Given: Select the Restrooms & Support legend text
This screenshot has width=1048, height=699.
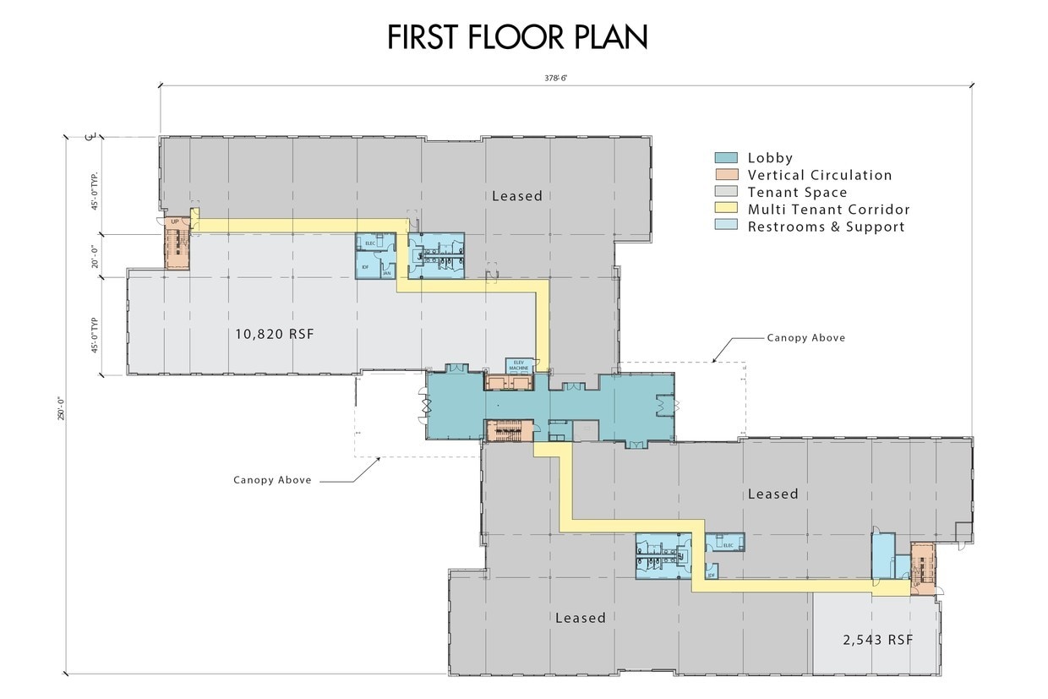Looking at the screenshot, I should click(826, 227).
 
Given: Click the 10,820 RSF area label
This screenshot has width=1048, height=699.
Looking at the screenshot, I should click(275, 334).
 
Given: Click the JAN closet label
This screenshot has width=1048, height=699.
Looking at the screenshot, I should click(386, 273).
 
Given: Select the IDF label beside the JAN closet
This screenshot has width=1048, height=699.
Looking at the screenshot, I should click(366, 267).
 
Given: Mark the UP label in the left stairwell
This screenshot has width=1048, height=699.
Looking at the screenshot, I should click(176, 221).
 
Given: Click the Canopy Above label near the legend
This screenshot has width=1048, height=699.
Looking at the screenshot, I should click(805, 337).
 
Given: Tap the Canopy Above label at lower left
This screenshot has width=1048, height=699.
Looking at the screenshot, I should click(272, 480).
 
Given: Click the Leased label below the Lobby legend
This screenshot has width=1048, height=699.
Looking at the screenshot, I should click(516, 196).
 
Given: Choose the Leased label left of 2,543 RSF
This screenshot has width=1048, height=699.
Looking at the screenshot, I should click(580, 618).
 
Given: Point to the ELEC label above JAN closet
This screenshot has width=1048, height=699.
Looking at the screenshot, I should click(370, 243).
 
